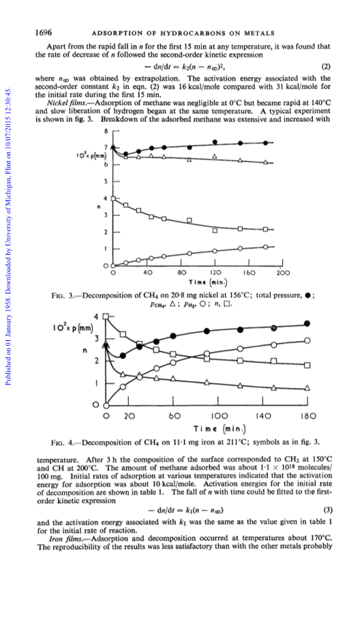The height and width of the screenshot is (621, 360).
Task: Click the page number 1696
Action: tap(44, 33)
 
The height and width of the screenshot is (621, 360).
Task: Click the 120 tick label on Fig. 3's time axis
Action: tap(215, 273)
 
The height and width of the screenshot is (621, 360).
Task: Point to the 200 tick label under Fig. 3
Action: tap(284, 273)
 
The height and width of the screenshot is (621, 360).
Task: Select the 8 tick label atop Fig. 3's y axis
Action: tap(106, 131)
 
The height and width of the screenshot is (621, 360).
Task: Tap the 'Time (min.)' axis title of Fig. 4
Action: tap(220, 429)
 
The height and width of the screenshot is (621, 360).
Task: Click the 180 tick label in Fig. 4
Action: tap(308, 416)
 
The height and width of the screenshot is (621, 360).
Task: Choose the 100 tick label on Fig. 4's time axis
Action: tap(219, 416)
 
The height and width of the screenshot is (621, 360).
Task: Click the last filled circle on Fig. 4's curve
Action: tap(307, 324)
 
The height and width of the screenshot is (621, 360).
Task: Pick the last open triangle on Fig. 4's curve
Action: tap(307, 388)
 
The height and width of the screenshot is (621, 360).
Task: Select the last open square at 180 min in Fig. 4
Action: tap(307, 365)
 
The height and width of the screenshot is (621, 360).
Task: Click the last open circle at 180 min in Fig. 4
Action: tap(307, 340)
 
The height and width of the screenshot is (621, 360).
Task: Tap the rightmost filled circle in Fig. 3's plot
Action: tap(266, 142)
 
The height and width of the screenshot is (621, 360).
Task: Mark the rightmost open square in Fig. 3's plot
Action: tap(266, 229)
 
